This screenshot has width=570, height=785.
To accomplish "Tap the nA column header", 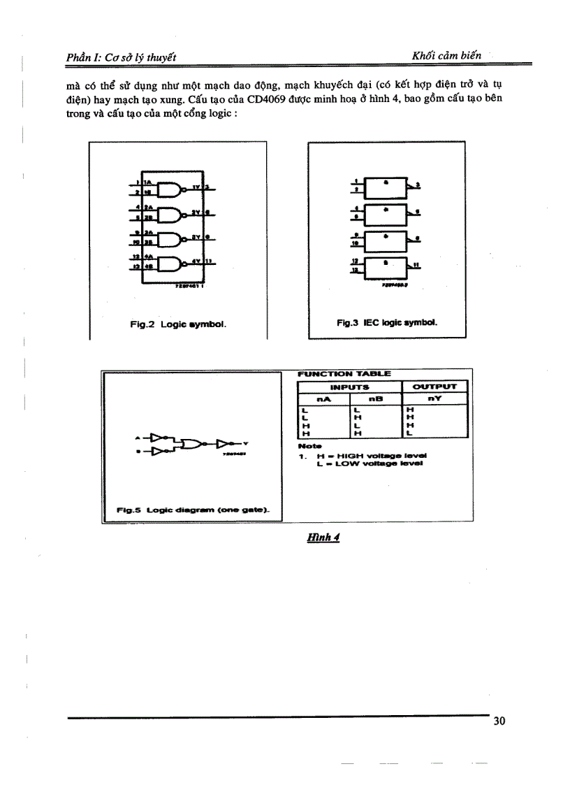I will pyautogui.click(x=323, y=399).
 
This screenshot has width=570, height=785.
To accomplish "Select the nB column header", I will pyautogui.click(x=376, y=399).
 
